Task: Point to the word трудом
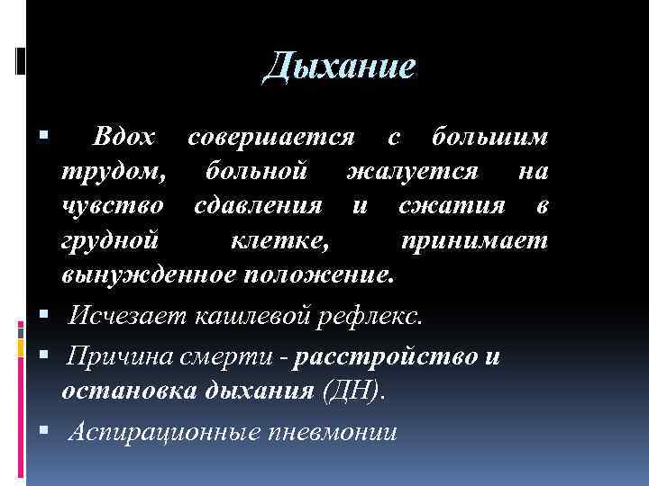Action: click(x=114, y=170)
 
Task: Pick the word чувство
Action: click(x=113, y=205)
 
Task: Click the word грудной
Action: click(x=110, y=239)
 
